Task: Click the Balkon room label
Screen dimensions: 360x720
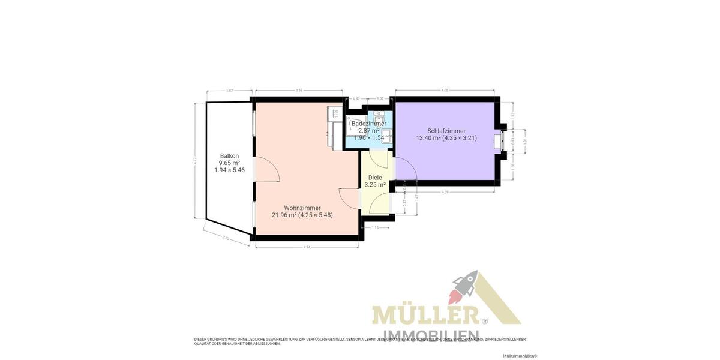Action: point(229,156)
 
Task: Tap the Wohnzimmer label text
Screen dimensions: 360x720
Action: point(302,208)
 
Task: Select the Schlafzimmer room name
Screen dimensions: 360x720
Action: point(446,131)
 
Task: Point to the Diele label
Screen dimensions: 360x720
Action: point(375,178)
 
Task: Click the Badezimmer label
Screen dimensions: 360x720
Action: point(369,124)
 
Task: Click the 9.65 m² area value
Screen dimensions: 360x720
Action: point(229,163)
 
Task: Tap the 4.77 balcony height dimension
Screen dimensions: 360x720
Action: point(196,161)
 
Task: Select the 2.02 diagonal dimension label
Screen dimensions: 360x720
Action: point(226,238)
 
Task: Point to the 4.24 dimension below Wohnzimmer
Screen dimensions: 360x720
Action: point(307,247)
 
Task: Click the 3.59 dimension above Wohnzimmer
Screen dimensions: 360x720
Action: point(299,91)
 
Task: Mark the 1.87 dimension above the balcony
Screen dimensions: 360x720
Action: point(229,91)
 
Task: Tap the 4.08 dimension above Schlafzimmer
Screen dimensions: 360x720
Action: point(445,91)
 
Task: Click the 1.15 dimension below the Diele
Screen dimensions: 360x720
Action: point(376,227)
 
